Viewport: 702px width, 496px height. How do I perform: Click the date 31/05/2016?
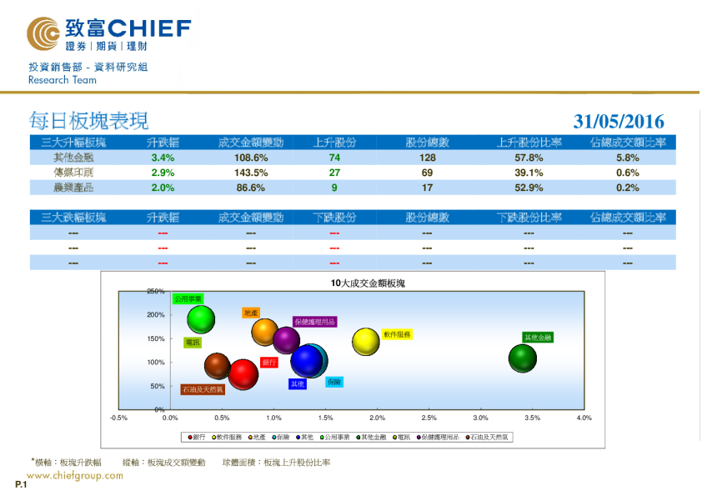(619, 122)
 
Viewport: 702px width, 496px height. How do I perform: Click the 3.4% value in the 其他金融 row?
(163, 158)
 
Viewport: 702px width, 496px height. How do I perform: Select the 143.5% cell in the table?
(250, 173)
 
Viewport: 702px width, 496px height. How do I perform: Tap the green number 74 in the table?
(334, 158)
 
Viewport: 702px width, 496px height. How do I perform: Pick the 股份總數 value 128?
(428, 158)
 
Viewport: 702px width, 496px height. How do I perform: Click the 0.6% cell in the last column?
(627, 173)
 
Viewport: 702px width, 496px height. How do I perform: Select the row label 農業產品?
(73, 188)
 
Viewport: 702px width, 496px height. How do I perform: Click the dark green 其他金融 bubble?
(522, 358)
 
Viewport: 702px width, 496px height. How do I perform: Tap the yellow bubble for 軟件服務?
(366, 341)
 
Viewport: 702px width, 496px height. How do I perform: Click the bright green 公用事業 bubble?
(201, 318)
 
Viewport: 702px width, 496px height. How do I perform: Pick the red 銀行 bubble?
(243, 374)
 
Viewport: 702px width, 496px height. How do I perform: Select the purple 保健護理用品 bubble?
(286, 339)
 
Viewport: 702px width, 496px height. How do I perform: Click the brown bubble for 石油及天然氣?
(217, 365)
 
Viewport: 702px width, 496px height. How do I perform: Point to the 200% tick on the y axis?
(156, 315)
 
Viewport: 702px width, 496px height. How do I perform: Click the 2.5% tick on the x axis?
(429, 418)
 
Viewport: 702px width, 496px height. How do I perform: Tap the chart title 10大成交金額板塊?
(367, 283)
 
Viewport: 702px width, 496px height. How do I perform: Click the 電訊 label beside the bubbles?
(193, 342)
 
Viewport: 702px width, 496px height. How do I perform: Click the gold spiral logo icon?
(43, 34)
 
